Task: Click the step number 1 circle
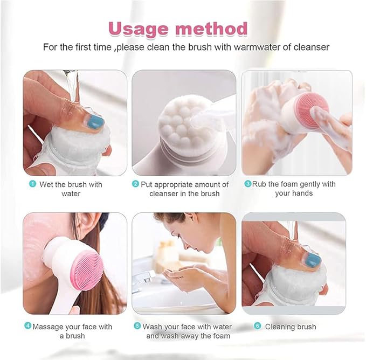pos(32,184)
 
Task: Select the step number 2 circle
pos(136,184)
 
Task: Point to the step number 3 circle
pos(247,184)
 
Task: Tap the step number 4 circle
pos(27,327)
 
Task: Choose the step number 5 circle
pos(137,327)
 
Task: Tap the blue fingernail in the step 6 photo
pos(313,261)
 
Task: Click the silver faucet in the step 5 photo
pos(144,279)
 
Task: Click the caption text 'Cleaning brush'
pos(291,327)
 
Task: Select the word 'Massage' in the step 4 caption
pos(49,327)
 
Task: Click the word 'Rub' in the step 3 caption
pos(260,184)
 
